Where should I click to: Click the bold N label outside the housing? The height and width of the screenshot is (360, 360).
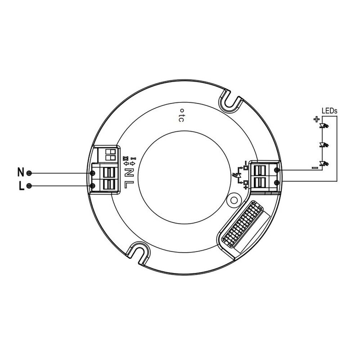(x=21, y=172)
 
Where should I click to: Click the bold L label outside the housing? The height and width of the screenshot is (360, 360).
(x=21, y=186)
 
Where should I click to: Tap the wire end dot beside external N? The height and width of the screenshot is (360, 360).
(x=30, y=173)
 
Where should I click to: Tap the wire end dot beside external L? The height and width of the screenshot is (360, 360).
(x=30, y=186)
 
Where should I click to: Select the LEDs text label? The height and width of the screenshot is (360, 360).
(x=329, y=111)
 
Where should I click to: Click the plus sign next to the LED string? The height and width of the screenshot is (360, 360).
(x=316, y=119)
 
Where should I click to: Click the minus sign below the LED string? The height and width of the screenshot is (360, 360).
(x=315, y=167)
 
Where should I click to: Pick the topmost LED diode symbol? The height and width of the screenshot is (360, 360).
(x=324, y=126)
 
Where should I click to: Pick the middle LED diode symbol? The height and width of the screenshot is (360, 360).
(x=324, y=145)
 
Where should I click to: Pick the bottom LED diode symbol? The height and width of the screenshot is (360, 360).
(x=324, y=164)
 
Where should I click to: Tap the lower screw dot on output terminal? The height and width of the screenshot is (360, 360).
(x=276, y=183)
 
